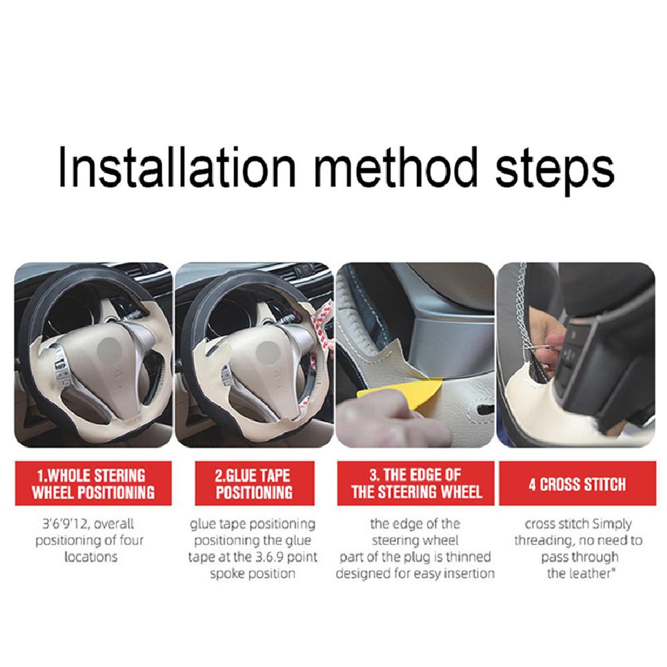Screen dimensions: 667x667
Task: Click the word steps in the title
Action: [555, 170]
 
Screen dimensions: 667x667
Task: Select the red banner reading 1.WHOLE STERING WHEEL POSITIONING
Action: [93, 484]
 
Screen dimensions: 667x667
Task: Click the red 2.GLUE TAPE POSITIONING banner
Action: [254, 484]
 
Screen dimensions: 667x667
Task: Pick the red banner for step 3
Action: [416, 484]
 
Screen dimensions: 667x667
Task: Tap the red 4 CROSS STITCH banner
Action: [577, 484]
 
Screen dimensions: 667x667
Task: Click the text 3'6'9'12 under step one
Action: [65, 524]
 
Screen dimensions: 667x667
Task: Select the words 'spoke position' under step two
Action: [252, 574]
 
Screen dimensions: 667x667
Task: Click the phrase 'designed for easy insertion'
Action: [415, 574]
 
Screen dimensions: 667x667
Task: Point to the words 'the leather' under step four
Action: [580, 574]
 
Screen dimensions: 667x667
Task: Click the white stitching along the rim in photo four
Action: [517, 315]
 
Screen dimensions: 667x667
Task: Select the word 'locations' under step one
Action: [91, 557]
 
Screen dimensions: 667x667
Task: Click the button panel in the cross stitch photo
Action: [583, 353]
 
